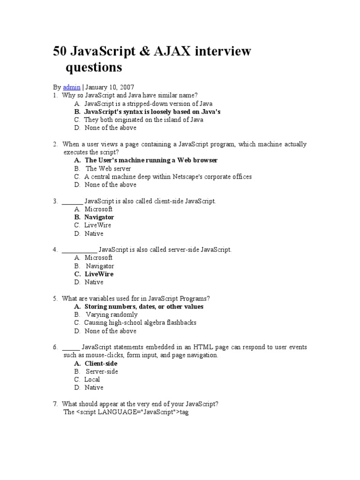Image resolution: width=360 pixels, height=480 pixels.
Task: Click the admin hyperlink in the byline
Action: point(72,87)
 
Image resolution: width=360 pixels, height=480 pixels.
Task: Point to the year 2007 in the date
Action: point(127,87)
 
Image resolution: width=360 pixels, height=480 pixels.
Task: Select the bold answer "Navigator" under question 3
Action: point(99,217)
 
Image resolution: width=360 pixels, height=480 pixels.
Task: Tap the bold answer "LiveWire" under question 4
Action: point(99,274)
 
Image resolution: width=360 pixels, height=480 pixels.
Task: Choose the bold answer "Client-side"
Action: point(101,364)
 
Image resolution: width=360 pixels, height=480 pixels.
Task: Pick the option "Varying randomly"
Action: point(112,315)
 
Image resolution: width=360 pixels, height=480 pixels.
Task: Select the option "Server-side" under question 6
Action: point(102,372)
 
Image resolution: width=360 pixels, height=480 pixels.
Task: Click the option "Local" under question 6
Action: point(92,380)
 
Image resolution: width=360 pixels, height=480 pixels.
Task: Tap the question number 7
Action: point(55,404)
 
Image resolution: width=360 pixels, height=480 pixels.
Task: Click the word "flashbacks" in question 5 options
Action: point(180,323)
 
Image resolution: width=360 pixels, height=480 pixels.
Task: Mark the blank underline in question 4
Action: point(79,250)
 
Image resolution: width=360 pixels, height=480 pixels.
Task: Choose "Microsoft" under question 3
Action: point(98,209)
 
